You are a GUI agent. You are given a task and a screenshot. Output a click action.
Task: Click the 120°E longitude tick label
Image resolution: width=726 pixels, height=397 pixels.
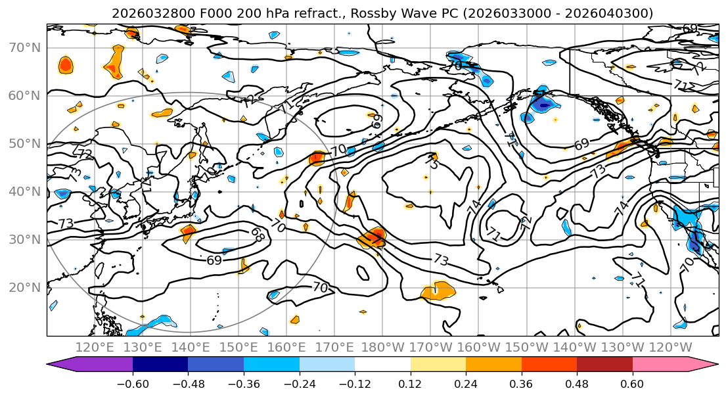(95, 347)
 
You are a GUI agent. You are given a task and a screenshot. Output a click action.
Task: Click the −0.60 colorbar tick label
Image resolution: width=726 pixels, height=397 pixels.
(133, 383)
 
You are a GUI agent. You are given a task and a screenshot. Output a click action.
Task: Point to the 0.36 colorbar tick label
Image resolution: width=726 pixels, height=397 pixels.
(521, 383)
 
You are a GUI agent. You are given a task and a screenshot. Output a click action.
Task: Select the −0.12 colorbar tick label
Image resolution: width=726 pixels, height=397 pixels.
(355, 383)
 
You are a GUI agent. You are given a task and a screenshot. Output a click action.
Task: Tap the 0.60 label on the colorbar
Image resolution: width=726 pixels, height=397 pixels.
(632, 383)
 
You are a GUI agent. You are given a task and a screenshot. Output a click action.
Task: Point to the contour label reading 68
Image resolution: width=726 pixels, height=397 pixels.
(257, 235)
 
